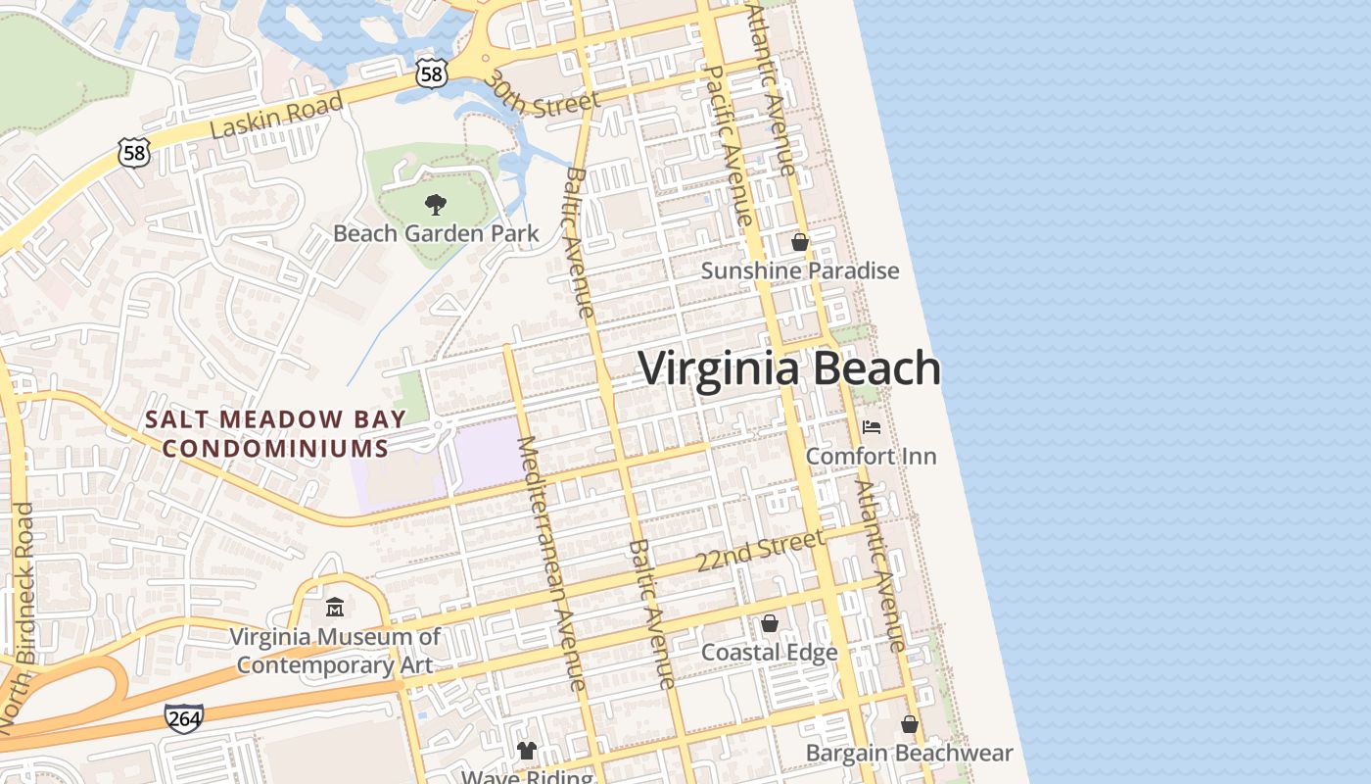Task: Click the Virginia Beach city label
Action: pyautogui.click(x=789, y=369)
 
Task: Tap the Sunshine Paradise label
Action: pyautogui.click(x=799, y=270)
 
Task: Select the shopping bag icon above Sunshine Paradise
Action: pyautogui.click(x=800, y=242)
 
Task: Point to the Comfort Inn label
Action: pyautogui.click(x=871, y=456)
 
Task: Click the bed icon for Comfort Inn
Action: pyautogui.click(x=871, y=427)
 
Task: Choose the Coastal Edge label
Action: pyautogui.click(x=769, y=653)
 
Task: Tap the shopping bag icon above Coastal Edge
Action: pyautogui.click(x=770, y=623)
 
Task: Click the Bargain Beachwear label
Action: pyautogui.click(x=909, y=753)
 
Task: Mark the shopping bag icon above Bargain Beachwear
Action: pyautogui.click(x=909, y=725)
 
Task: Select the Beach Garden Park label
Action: pyautogui.click(x=436, y=233)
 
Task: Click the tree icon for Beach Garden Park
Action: pyautogui.click(x=436, y=205)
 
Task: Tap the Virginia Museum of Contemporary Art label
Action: pyautogui.click(x=335, y=651)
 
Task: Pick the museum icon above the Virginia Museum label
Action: pyautogui.click(x=335, y=608)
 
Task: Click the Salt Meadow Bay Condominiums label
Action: pyautogui.click(x=275, y=433)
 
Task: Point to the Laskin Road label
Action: pyautogui.click(x=277, y=117)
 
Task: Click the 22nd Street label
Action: pyautogui.click(x=760, y=552)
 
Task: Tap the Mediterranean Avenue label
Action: pyautogui.click(x=550, y=563)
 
